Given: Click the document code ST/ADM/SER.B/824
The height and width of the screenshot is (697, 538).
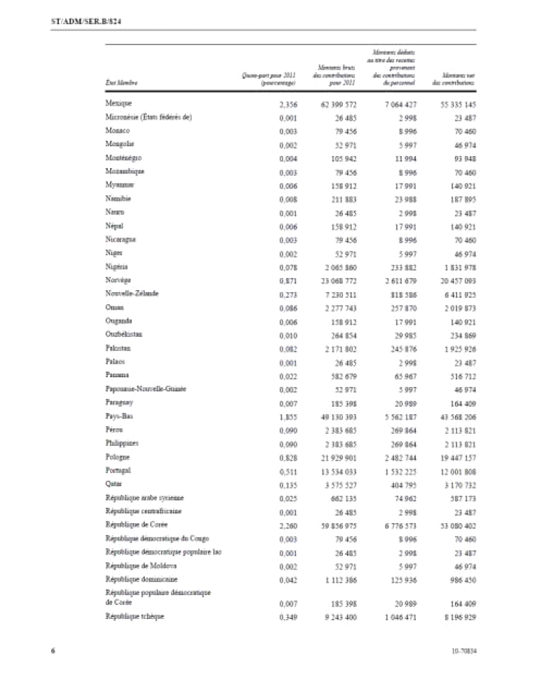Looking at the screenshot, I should pos(68,22).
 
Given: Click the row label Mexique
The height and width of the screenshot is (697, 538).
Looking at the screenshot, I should pos(116,104).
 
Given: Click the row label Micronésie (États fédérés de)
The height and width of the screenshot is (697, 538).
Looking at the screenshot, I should pos(147,117).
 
